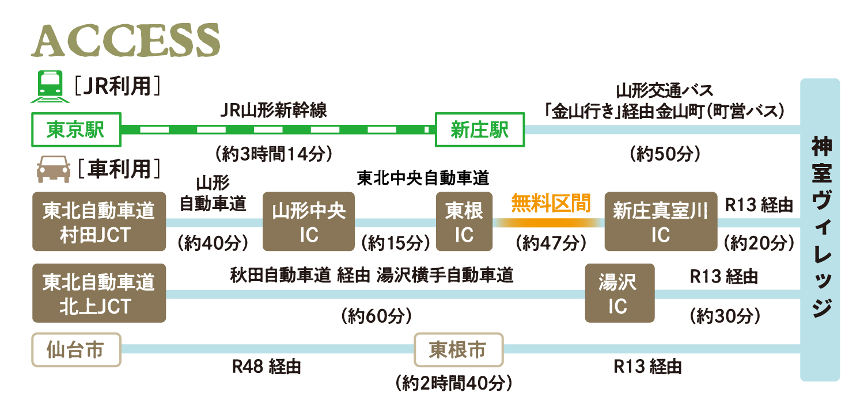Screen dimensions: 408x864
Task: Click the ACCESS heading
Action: pyautogui.click(x=126, y=41)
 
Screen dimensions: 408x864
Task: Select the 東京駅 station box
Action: pyautogui.click(x=76, y=129)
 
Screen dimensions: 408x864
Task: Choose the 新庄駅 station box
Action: pyautogui.click(x=480, y=129)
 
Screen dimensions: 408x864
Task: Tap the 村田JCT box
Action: pyautogui.click(x=99, y=222)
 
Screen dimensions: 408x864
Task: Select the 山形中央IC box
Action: pyautogui.click(x=309, y=222)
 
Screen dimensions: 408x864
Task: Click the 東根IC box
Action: pyautogui.click(x=464, y=222)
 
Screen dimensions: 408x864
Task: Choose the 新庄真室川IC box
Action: pyautogui.click(x=660, y=222)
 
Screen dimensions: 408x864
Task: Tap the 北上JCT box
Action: pyautogui.click(x=99, y=293)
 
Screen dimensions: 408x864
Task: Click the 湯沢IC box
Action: pyautogui.click(x=620, y=293)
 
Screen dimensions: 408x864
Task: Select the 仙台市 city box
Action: pyautogui.click(x=76, y=350)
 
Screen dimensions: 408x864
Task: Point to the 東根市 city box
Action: pyautogui.click(x=458, y=350)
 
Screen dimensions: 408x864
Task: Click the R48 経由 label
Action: pyautogui.click(x=266, y=367)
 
